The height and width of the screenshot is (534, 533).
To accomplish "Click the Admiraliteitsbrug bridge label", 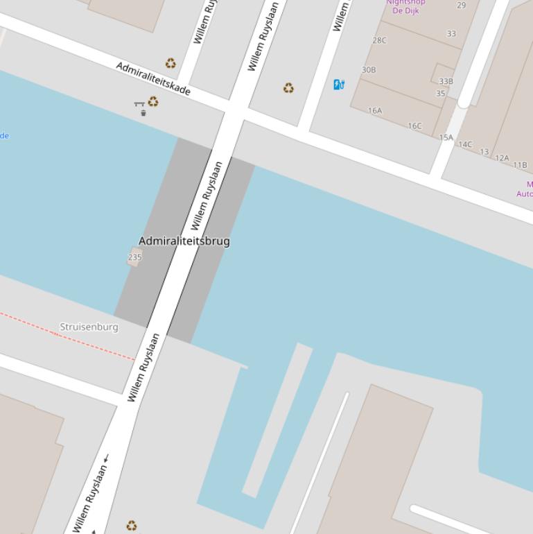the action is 184,241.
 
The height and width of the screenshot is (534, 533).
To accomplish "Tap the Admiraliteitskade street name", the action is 152,78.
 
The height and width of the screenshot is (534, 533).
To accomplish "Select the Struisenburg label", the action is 89,327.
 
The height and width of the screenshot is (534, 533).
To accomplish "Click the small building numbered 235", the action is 134,258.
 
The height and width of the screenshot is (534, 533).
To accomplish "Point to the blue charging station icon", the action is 339,85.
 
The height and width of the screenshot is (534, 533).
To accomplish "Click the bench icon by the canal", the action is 139,104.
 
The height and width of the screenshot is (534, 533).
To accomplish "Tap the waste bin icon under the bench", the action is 143,113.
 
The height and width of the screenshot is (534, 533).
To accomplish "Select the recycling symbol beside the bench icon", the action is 153,102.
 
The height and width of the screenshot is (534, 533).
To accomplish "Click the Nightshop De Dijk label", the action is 405,6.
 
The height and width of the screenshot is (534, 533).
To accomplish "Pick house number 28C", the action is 379,40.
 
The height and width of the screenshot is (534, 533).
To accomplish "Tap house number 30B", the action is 369,70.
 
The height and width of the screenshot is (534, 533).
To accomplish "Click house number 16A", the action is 375,110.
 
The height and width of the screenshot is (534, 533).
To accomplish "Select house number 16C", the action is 414,126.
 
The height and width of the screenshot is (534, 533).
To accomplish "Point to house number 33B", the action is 446,81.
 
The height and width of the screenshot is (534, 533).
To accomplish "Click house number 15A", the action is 446,137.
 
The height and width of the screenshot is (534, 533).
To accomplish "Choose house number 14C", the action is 465,145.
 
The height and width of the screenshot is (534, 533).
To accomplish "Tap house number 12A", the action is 502,158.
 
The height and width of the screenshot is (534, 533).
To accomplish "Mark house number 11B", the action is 520,165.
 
